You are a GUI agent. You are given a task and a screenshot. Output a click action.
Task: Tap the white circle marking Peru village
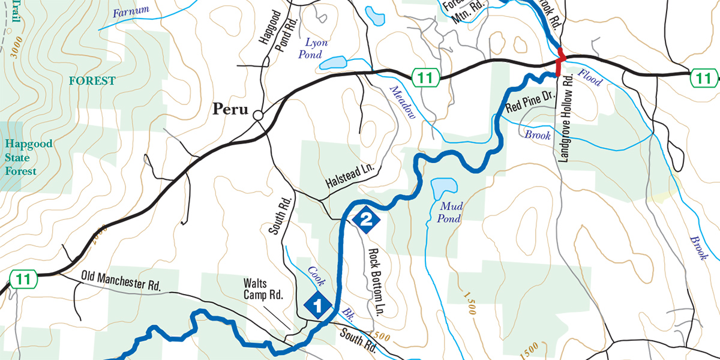[258, 115]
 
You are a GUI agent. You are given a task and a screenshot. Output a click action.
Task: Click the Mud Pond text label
[449, 212]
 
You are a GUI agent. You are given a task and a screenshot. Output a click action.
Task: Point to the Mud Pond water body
[443, 187]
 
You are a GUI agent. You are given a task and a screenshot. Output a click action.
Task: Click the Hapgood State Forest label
[28, 157]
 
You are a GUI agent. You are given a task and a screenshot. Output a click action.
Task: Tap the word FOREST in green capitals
[92, 80]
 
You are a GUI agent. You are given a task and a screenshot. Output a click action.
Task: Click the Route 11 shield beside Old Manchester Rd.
[23, 279]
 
